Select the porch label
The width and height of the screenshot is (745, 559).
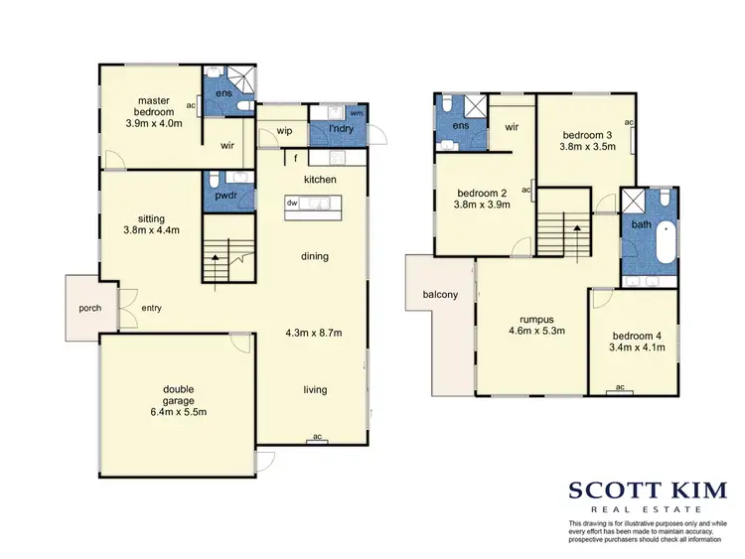(x=81, y=306)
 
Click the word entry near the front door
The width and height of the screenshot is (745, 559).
(x=151, y=308)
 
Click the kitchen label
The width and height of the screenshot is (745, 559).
(x=320, y=179)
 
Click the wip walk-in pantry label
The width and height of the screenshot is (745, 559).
(x=283, y=130)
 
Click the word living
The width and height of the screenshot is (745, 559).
(x=315, y=389)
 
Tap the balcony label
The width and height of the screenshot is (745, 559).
(x=440, y=294)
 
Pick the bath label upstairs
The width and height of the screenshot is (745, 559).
(x=641, y=225)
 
